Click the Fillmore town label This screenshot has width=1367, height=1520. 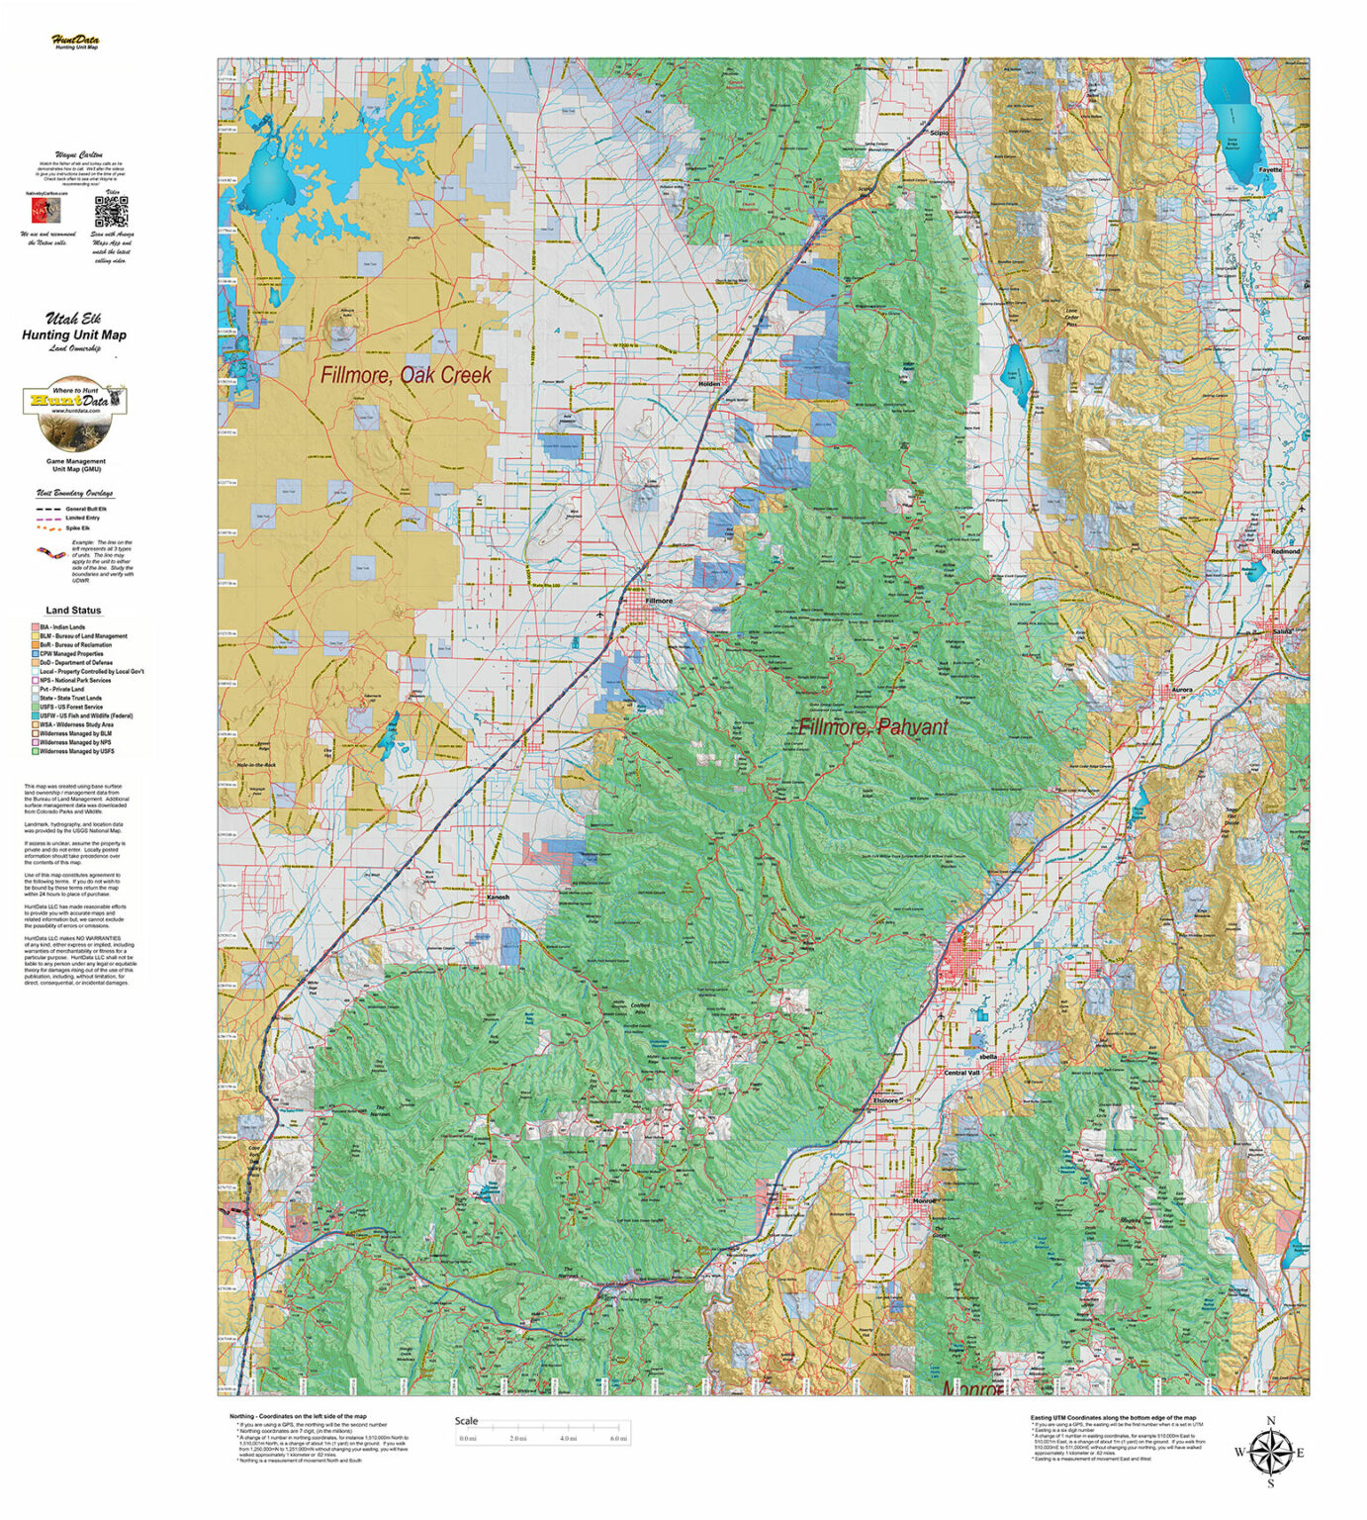[x=658, y=601]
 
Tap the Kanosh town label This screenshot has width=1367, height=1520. [x=498, y=898]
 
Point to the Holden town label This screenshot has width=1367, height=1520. [x=710, y=384]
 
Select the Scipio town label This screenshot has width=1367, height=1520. [x=940, y=133]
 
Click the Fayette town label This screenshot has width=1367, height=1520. [x=1269, y=170]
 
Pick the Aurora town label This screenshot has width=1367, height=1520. [x=1182, y=690]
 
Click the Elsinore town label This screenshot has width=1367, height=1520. [x=886, y=1100]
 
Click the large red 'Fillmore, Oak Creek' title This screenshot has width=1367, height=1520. [x=406, y=376]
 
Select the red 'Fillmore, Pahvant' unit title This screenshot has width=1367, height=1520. [x=872, y=727]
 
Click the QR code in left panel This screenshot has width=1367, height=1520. [x=111, y=213]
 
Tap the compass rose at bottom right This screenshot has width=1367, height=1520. [x=1270, y=1452]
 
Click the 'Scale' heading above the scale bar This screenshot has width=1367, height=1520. [x=466, y=1420]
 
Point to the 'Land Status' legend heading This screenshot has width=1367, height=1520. [x=73, y=611]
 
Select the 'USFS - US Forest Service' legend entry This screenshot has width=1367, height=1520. [x=71, y=707]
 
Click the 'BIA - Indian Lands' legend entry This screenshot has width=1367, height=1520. [x=62, y=627]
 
